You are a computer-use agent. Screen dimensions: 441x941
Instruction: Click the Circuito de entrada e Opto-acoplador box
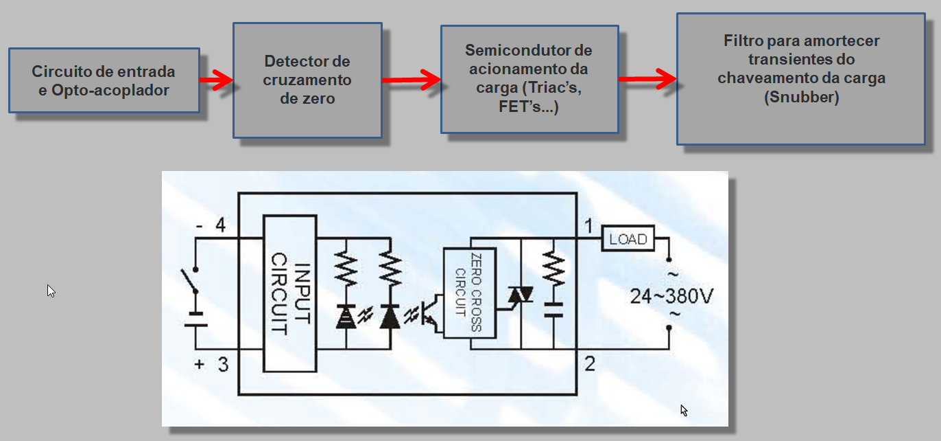click(104, 80)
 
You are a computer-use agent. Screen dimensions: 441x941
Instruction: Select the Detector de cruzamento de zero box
click(307, 80)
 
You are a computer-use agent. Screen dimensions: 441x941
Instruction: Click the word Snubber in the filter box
click(801, 98)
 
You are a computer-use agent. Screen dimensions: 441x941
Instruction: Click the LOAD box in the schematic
click(628, 239)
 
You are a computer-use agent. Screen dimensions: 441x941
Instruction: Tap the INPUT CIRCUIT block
click(290, 294)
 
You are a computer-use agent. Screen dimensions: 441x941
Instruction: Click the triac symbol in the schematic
click(520, 296)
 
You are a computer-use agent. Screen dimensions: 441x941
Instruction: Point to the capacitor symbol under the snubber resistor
click(553, 309)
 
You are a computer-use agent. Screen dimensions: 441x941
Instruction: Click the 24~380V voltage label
click(671, 297)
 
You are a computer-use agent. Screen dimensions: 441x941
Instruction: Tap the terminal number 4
click(221, 225)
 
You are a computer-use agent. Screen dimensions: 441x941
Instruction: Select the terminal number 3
click(222, 365)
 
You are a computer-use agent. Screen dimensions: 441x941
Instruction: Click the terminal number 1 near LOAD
click(588, 226)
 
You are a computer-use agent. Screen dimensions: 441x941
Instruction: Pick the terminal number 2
click(589, 363)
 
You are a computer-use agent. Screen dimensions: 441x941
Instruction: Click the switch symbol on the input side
click(191, 281)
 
